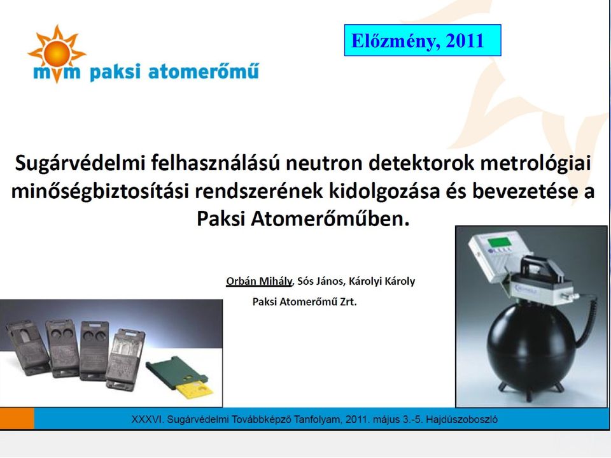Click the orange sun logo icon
[57, 54]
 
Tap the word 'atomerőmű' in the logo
[204, 72]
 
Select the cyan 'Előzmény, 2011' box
[423, 40]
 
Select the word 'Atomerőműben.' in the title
[330, 219]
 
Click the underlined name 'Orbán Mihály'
[259, 282]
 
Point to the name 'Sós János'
[320, 282]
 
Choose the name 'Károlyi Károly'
[382, 282]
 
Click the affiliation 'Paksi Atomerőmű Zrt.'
[305, 301]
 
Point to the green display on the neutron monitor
[500, 242]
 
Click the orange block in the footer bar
[17, 419]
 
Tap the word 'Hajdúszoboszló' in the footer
[462, 420]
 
